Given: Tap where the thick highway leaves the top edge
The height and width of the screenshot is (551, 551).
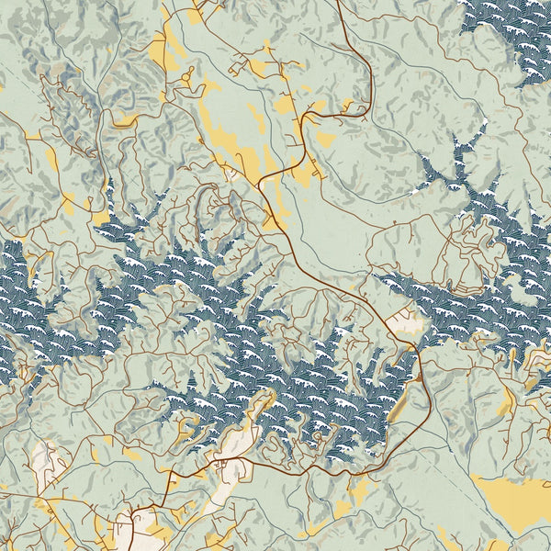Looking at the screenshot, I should coord(338,3).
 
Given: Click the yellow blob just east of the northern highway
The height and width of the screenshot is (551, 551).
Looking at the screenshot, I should coord(324,139).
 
